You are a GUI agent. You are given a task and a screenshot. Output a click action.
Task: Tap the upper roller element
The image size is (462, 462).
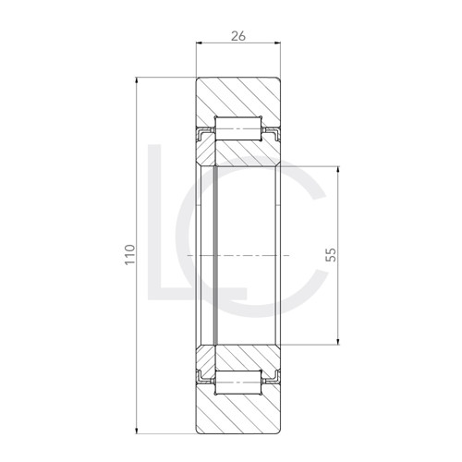point(239,127)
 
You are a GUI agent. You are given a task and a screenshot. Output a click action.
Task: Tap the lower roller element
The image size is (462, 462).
point(239,380)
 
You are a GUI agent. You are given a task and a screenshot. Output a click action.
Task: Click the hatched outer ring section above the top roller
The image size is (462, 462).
point(239,97)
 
